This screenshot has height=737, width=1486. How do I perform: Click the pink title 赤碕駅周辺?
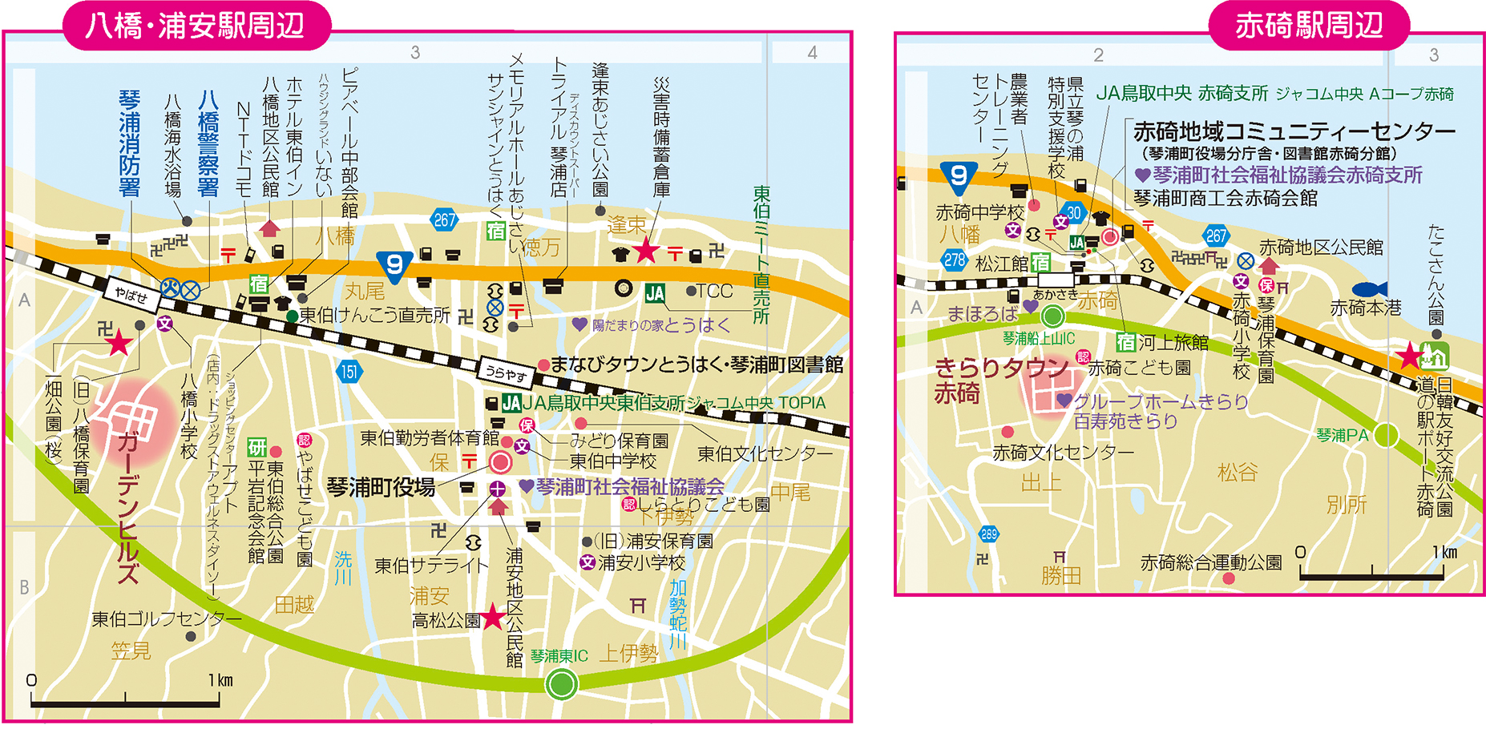[1308, 25]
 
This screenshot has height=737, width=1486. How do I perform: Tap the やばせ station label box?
[131, 296]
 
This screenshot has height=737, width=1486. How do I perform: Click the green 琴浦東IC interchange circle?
[561, 684]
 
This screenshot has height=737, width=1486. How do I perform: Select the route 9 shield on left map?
[394, 265]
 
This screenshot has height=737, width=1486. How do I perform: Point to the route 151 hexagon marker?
[349, 372]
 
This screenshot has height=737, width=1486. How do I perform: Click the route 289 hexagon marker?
[988, 534]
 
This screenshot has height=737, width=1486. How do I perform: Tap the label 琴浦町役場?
[381, 487]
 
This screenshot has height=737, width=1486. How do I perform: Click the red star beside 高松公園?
[493, 617]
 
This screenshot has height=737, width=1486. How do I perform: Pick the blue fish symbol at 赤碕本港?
[1369, 289]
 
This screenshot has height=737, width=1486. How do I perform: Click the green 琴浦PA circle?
[1386, 435]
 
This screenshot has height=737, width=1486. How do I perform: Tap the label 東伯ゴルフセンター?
[166, 619]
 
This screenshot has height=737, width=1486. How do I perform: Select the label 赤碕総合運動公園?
[1210, 562]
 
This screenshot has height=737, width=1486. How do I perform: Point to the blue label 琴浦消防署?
[129, 144]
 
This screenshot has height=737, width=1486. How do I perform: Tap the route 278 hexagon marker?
[954, 260]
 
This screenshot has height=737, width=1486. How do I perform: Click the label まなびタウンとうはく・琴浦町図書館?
[697, 365]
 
